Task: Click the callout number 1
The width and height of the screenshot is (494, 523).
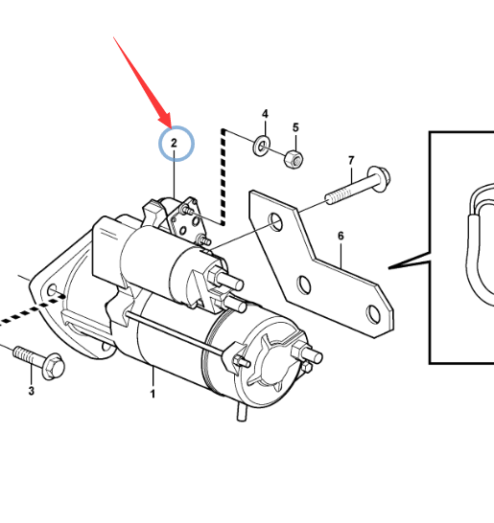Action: [x=153, y=394]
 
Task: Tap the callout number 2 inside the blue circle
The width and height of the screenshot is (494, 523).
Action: [x=174, y=143]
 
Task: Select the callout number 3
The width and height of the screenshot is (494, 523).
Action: [x=31, y=391]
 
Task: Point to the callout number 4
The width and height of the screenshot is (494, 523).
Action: [x=265, y=114]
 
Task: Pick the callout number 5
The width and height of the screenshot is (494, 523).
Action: [x=295, y=127]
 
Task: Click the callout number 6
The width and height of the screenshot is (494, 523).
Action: [x=341, y=236]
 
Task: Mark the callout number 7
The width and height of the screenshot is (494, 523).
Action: [x=351, y=161]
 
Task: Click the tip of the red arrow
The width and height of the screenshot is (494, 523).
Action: [x=171, y=128]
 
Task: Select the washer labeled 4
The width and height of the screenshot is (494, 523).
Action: [x=262, y=146]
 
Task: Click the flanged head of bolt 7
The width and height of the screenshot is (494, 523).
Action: [x=379, y=178]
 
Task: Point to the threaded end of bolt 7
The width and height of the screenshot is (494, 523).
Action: [x=338, y=195]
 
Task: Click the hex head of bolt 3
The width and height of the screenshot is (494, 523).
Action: [x=54, y=367]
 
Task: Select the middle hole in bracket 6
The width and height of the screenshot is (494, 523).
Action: [x=304, y=284]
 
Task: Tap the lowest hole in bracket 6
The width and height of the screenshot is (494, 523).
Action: [x=373, y=314]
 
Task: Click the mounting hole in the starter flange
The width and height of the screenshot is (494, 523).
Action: [x=52, y=290]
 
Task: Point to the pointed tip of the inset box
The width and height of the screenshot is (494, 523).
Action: [x=388, y=267]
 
